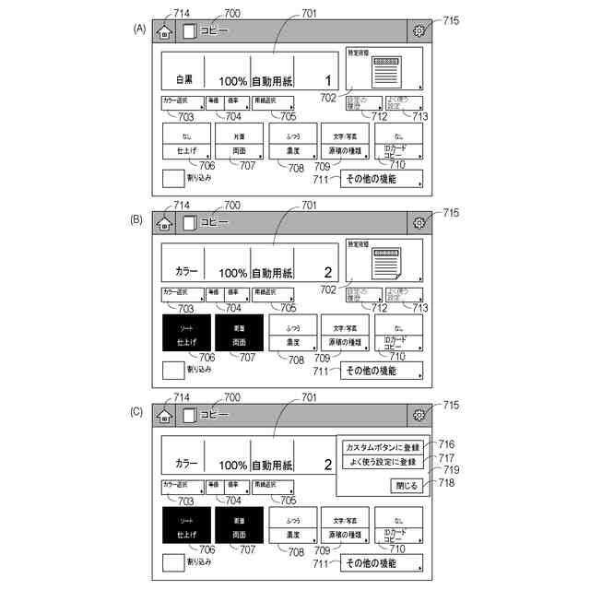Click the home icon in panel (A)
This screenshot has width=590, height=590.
click(x=164, y=31)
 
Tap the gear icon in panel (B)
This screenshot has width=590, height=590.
click(x=419, y=223)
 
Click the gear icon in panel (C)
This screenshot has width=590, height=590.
click(x=419, y=416)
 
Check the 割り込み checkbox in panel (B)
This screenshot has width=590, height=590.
click(x=172, y=371)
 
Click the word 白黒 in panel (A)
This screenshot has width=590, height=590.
click(x=183, y=80)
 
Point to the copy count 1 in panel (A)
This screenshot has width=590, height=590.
click(x=328, y=80)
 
